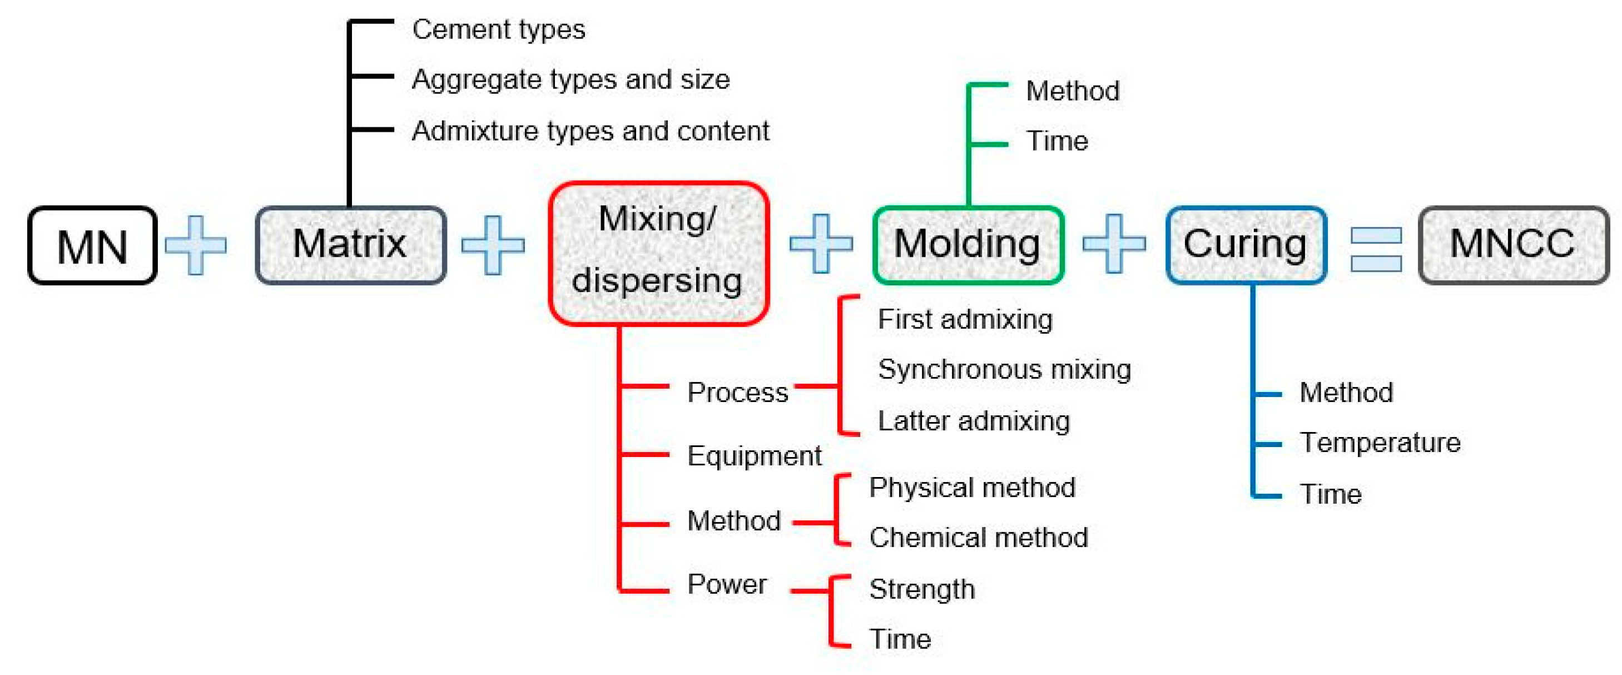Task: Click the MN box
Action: (92, 246)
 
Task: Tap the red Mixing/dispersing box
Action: (658, 253)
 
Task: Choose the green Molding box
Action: (968, 244)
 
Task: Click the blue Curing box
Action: (1246, 244)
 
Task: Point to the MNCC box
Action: (1512, 244)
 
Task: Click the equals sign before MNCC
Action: (1375, 249)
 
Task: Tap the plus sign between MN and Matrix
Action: (195, 245)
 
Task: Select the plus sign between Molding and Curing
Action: (1113, 244)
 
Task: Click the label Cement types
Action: (498, 29)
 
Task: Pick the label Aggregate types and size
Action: (571, 80)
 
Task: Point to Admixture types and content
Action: (590, 131)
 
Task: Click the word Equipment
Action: (753, 456)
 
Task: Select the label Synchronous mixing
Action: (1004, 369)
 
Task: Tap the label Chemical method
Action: (978, 538)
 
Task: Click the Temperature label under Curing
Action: (1380, 443)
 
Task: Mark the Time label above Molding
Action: (1056, 141)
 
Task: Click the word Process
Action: (737, 393)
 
